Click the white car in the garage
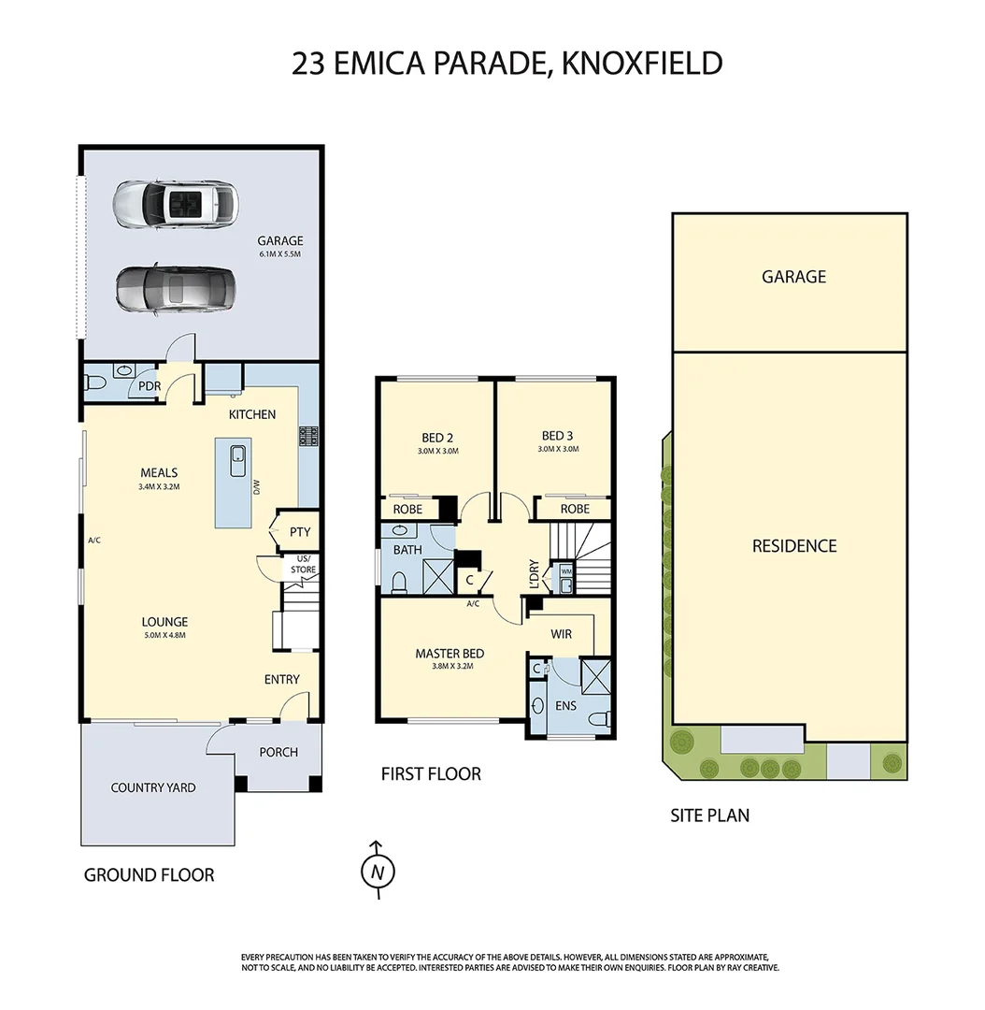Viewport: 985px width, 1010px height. (x=175, y=202)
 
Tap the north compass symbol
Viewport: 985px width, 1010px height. (x=378, y=871)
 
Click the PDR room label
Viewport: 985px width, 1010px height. (x=150, y=385)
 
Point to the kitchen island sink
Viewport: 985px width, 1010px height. (x=238, y=456)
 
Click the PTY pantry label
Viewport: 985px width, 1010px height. (x=300, y=532)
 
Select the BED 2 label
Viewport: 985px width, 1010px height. (x=437, y=437)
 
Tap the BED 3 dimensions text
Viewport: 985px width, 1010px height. (x=558, y=449)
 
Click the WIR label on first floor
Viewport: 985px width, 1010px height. (x=561, y=634)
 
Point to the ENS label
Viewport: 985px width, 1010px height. (x=565, y=704)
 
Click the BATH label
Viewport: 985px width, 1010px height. (x=407, y=550)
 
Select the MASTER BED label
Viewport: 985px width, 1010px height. (x=450, y=654)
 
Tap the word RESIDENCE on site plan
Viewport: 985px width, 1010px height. (x=794, y=546)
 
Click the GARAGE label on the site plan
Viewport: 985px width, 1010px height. (x=793, y=277)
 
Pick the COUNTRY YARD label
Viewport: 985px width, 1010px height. (x=153, y=787)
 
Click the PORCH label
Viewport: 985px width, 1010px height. (x=278, y=752)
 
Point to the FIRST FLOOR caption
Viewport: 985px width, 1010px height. (x=431, y=774)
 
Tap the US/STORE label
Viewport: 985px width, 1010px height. (x=303, y=564)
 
